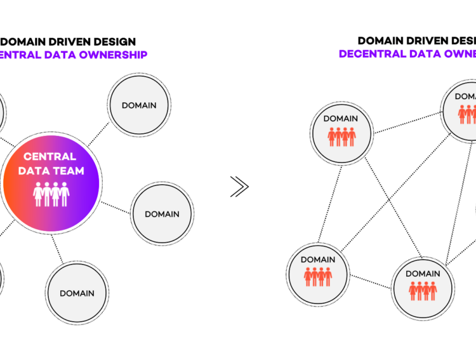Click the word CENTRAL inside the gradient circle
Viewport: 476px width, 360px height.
pos(50,156)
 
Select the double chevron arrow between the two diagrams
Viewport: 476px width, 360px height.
pos(239,187)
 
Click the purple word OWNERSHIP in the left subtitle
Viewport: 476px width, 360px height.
pos(114,55)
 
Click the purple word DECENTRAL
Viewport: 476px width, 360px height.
pos(369,54)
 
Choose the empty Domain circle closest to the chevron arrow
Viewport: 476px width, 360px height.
pos(162,214)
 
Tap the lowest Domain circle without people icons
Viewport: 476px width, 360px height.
pos(77,293)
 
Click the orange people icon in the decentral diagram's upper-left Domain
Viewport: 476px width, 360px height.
pos(341,137)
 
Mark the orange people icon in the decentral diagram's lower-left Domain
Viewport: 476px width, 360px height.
pos(318,277)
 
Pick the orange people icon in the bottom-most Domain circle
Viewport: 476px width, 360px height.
pos(422,291)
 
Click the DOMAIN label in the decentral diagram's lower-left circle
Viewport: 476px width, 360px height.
pos(317,260)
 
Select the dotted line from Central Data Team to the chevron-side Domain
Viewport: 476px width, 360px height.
pos(115,208)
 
